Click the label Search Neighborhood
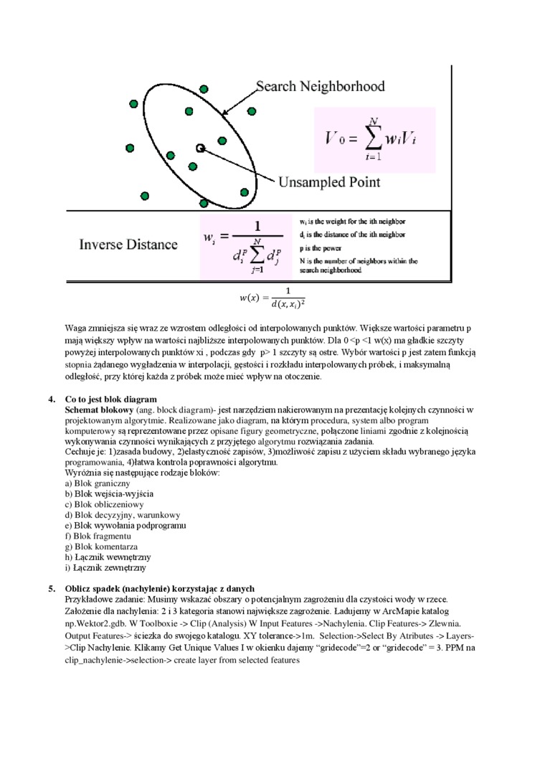click(x=320, y=87)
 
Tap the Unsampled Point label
click(x=328, y=182)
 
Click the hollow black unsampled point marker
click(x=200, y=148)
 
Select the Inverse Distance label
click(x=128, y=245)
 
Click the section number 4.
click(x=52, y=399)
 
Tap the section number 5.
click(x=52, y=589)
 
